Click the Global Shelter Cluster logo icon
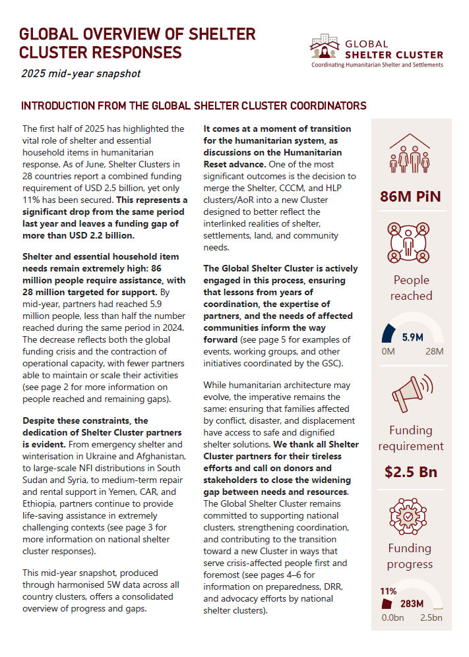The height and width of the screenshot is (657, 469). pos(325,47)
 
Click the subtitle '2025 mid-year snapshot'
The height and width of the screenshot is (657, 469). pos(80,73)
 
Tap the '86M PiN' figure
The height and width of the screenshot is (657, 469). pos(410,196)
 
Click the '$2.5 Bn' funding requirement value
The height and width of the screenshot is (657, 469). pos(411,472)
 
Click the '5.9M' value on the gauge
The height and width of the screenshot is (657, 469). pos(412,337)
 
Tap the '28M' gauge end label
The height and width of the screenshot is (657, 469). pos(434,351)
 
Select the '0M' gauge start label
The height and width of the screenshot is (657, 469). pos(389,351)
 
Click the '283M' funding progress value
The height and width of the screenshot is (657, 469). pos(412,603)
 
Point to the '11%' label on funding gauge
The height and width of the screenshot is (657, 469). pos(389,591)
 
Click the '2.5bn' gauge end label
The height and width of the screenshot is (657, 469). pos(431,617)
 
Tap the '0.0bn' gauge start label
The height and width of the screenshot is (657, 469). pos(392,617)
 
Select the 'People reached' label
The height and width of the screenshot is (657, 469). pos(411,288)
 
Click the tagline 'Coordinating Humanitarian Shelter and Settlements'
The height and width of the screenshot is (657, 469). pos(377,65)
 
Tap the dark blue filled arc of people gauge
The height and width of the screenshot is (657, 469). pos(391,333)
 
